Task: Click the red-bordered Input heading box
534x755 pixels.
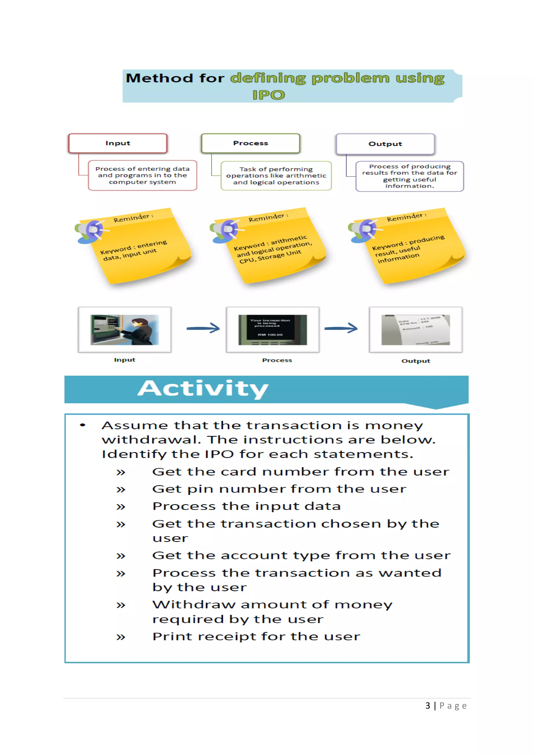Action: pyautogui.click(x=118, y=143)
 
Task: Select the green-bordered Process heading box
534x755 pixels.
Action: pyautogui.click(x=251, y=143)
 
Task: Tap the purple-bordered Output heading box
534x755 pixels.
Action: pyautogui.click(x=385, y=144)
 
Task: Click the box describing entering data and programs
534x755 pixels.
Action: pyautogui.click(x=142, y=175)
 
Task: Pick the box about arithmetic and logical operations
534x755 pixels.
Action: pyautogui.click(x=276, y=176)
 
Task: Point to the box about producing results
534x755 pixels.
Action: pyautogui.click(x=409, y=176)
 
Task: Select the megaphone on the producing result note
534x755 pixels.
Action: pyautogui.click(x=364, y=230)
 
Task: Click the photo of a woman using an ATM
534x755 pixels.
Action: pyautogui.click(x=125, y=330)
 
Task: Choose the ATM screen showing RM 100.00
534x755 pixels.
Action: pyautogui.click(x=272, y=330)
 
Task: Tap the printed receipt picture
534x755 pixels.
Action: pyautogui.click(x=415, y=330)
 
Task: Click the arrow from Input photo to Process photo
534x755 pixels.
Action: pyautogui.click(x=203, y=328)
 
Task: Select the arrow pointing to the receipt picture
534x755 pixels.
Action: pyautogui.click(x=341, y=328)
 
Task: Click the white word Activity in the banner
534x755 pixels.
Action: pyautogui.click(x=203, y=389)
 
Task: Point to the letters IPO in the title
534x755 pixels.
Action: pyautogui.click(x=268, y=95)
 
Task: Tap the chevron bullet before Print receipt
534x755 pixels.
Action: pyautogui.click(x=121, y=637)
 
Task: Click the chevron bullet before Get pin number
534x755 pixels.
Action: pyautogui.click(x=121, y=490)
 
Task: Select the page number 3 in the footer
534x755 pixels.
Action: pyautogui.click(x=427, y=706)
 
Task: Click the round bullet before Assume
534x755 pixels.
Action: pyautogui.click(x=83, y=425)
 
